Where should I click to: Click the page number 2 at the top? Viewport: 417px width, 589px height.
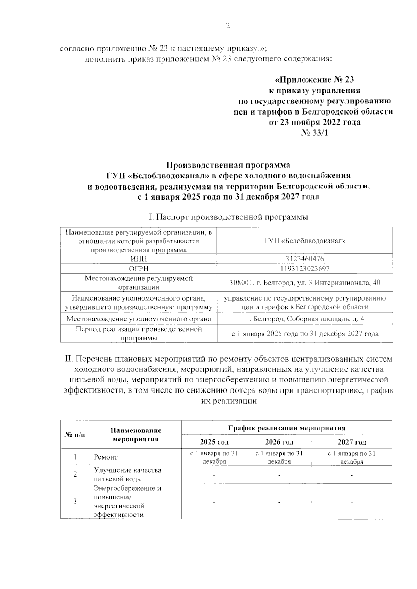pos(228,26)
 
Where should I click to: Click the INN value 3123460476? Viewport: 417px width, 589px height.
pos(305,259)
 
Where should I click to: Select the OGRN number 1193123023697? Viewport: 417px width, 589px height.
pos(305,269)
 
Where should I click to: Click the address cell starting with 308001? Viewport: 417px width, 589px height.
pos(305,283)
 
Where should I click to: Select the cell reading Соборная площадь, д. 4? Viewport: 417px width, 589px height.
pos(305,319)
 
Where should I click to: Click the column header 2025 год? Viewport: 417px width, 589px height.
pos(214,442)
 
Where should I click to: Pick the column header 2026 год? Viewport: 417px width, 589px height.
pos(279,442)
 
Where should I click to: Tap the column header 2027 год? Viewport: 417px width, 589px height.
pos(352,442)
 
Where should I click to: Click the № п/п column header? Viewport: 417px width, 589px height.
pos(75,435)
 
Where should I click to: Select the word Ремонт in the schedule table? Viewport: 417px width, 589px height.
pos(106,457)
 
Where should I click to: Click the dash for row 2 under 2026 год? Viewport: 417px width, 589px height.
pos(279,474)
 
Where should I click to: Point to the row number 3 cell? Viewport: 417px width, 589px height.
pos(75,501)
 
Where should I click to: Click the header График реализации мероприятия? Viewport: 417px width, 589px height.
pos(287,428)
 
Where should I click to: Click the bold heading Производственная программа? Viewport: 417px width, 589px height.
pos(228,165)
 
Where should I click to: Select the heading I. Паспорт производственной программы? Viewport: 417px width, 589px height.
pos(228,217)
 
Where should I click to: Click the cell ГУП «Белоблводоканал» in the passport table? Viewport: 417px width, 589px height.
pos(305,241)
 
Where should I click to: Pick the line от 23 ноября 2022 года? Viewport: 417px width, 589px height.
pos(314,122)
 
